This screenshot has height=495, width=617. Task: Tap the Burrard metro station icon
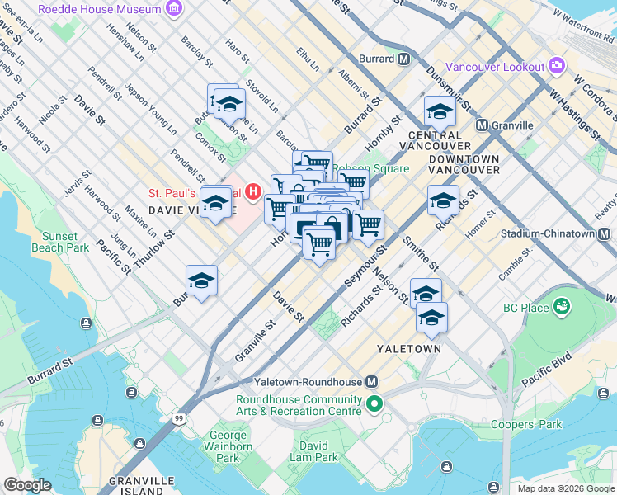[x=404, y=59]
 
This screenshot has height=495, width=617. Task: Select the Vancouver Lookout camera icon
[x=557, y=66]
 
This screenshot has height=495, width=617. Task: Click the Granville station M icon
[x=482, y=125]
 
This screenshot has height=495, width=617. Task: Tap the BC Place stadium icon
[x=563, y=308]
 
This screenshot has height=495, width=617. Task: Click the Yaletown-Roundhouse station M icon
[x=371, y=382]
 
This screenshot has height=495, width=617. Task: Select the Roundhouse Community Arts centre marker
[x=374, y=404]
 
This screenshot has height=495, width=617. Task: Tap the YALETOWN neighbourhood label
[x=408, y=349]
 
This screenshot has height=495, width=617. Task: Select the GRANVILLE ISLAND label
[x=145, y=485]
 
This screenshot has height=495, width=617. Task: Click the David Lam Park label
[x=313, y=451]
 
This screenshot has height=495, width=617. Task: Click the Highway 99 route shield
[x=178, y=419]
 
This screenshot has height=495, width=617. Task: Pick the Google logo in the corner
[x=27, y=484]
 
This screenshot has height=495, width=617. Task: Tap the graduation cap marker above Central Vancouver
[x=440, y=112]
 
